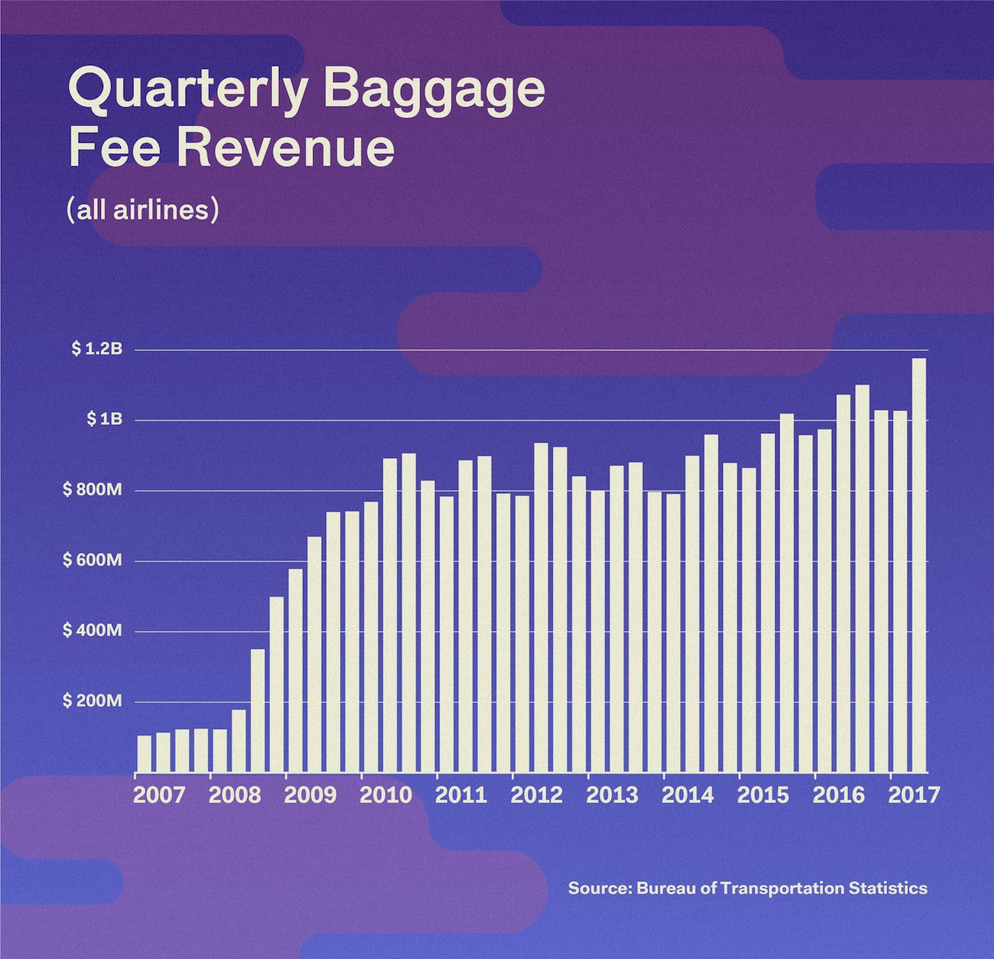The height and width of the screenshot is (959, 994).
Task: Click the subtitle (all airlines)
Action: (x=143, y=210)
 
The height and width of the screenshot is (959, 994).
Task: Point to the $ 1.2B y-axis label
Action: (x=97, y=349)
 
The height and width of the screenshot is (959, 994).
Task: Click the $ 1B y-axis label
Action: (x=104, y=419)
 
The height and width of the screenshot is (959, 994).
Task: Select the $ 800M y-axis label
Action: (x=92, y=490)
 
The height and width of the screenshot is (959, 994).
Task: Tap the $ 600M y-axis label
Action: (x=92, y=560)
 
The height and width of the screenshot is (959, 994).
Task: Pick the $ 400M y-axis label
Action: (x=92, y=631)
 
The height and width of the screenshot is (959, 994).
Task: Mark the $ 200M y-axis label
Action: (x=92, y=701)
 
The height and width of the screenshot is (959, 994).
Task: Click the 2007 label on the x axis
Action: (x=159, y=795)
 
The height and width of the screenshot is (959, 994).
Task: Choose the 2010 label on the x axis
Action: (x=386, y=795)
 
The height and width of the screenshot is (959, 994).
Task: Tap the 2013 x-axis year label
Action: (x=612, y=795)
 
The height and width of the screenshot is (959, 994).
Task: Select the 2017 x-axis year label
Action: (x=914, y=795)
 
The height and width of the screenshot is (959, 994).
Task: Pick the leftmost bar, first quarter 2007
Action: (x=144, y=753)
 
